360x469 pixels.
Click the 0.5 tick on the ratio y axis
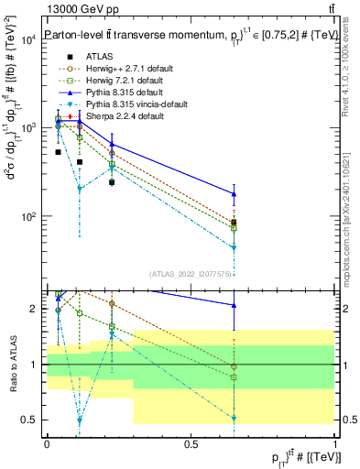pyautogui.click(x=29, y=420)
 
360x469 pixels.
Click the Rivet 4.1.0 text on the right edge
pyautogui.click(x=352, y=64)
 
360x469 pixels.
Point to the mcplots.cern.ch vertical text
pyautogui.click(x=352, y=211)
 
